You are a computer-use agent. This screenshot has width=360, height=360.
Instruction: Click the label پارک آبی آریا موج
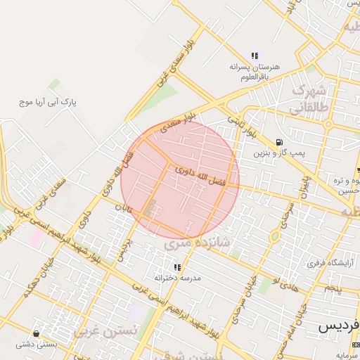click(x=49, y=103)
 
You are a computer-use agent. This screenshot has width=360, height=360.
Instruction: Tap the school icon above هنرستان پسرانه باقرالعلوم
click(x=255, y=56)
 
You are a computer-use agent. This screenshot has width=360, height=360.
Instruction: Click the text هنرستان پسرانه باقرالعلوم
click(x=255, y=72)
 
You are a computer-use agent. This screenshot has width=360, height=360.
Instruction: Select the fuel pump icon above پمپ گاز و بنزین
click(x=280, y=141)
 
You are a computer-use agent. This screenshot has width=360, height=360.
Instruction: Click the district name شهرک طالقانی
click(x=309, y=99)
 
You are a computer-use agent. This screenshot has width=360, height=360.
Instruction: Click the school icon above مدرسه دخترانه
click(x=177, y=267)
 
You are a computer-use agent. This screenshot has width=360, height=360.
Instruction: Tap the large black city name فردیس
click(x=338, y=327)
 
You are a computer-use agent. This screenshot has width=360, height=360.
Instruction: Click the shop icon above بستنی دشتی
click(x=36, y=333)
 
